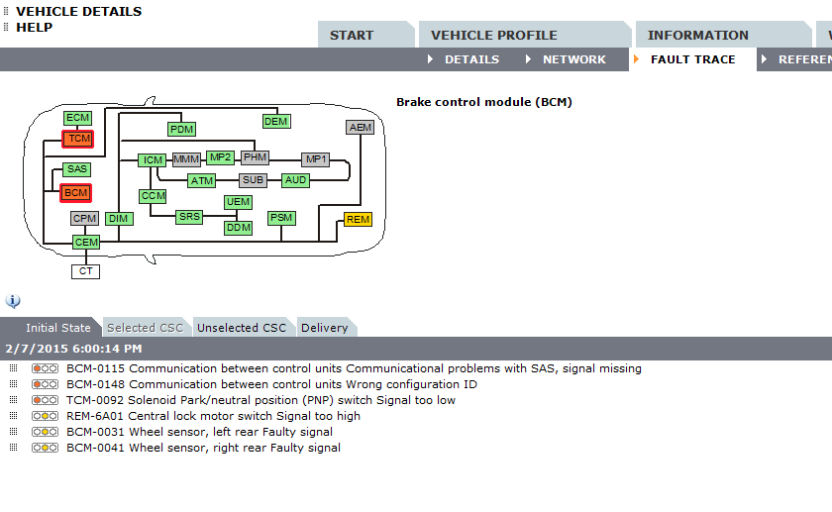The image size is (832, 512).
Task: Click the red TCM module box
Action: pos(78,139)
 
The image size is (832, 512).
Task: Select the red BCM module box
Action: pos(75,192)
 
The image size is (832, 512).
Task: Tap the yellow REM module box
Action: pos(358,220)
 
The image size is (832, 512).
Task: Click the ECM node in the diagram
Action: pos(77,118)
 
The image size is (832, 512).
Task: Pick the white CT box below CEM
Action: pos(86,271)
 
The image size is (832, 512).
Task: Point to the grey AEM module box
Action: pos(361,128)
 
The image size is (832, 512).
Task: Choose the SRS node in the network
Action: pos(188,216)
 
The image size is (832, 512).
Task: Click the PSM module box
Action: pos(282,218)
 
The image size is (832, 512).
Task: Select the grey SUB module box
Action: pos(254,180)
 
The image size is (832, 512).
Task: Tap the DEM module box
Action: pos(275,122)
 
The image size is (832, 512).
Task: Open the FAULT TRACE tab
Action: pos(692,59)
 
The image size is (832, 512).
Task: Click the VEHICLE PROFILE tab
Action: pos(494,35)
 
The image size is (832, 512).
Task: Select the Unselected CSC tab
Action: pos(242,328)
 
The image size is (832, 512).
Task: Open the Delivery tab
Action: pos(325,328)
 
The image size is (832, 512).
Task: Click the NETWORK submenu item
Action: pos(573,59)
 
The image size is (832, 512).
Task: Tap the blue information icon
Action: pos(13,301)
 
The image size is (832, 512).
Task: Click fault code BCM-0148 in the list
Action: pos(96,384)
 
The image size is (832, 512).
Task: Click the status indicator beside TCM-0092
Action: pos(45,400)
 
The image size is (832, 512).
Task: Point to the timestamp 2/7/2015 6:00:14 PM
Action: pos(73,349)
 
